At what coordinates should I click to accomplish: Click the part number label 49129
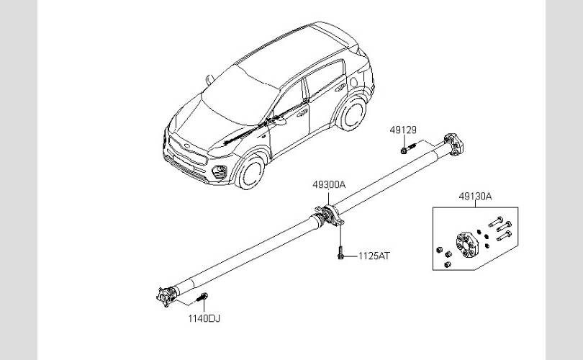click(403, 130)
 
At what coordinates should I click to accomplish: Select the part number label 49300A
click(329, 184)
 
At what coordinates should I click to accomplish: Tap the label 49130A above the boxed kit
click(475, 197)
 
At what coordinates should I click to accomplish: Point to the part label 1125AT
click(374, 256)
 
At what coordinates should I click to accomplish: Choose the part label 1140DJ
click(204, 318)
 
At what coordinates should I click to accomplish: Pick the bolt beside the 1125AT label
click(340, 252)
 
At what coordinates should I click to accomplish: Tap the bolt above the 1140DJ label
click(202, 297)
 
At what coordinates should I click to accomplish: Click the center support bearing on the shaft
click(329, 215)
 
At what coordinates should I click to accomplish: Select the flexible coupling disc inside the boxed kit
click(467, 245)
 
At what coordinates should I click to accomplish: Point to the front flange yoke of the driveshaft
click(166, 297)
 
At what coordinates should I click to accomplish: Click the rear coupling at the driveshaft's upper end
click(453, 144)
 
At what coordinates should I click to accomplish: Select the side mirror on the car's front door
click(278, 120)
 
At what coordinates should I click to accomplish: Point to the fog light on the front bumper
click(219, 172)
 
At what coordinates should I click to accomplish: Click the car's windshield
click(240, 95)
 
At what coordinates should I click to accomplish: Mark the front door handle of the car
click(302, 112)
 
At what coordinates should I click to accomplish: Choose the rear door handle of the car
click(340, 88)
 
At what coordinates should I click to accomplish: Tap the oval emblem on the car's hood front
click(187, 146)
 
